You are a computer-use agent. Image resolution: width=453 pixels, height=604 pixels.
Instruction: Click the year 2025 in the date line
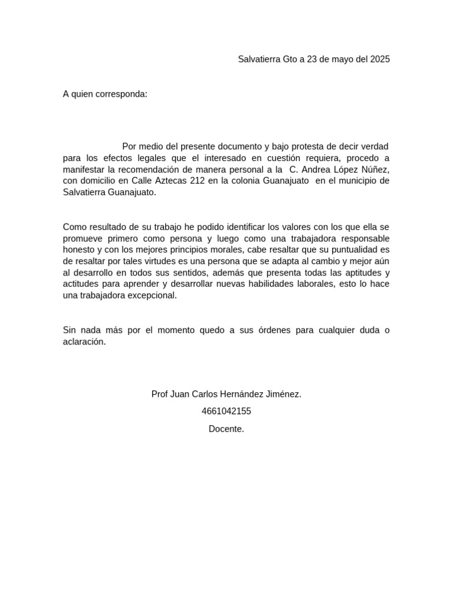(x=380, y=59)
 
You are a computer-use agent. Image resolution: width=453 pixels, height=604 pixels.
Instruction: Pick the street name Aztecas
(x=167, y=180)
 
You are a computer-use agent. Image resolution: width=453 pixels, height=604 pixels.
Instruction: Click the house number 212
(x=198, y=180)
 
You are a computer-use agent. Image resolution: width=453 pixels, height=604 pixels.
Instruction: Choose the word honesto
(x=78, y=250)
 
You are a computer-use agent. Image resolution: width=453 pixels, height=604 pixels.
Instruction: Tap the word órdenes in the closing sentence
(x=274, y=330)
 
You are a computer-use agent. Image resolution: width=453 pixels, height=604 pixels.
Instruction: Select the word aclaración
(x=84, y=342)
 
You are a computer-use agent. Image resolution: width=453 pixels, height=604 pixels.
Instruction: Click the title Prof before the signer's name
(x=159, y=394)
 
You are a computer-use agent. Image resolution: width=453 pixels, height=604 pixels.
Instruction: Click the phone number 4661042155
(x=226, y=411)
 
